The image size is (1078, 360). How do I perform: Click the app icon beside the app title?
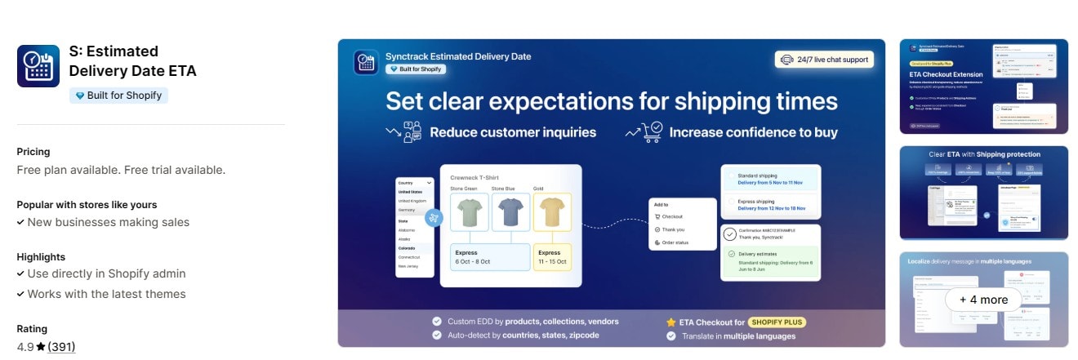coord(38,66)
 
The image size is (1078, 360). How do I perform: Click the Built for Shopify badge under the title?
coord(118,96)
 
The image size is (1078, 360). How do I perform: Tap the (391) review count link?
coord(61,346)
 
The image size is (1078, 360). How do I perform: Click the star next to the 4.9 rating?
coord(40,346)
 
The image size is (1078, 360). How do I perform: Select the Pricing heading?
coord(33,152)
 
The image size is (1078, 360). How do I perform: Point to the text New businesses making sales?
coord(108,222)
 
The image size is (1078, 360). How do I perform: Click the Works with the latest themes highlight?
coord(106,294)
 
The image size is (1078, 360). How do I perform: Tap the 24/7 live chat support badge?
coord(824,60)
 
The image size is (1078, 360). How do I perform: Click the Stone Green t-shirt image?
coord(469,212)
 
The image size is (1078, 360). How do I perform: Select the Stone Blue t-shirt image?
coord(510,212)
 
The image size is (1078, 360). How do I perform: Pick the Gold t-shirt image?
coord(551,212)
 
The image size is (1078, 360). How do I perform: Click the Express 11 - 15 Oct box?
coord(551,257)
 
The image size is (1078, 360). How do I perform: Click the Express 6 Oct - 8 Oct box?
coord(490,257)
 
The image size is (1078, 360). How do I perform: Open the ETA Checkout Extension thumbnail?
coord(983,87)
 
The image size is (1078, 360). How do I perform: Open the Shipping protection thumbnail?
coord(983,193)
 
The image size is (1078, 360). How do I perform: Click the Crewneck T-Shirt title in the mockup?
coord(474,177)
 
